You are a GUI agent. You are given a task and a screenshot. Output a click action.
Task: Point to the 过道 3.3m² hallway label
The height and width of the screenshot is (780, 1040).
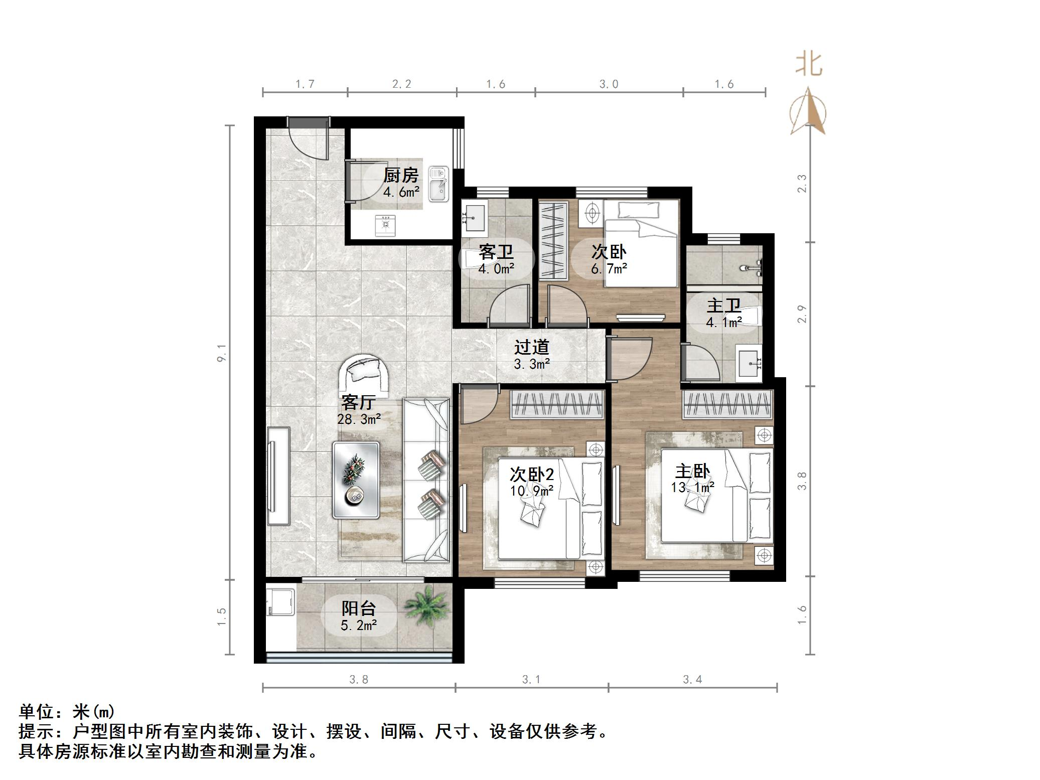tap(531, 355)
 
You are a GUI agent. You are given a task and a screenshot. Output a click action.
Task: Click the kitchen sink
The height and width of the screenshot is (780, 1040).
tap(438, 184)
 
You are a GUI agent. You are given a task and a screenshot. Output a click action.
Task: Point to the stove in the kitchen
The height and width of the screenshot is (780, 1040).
tap(385, 225)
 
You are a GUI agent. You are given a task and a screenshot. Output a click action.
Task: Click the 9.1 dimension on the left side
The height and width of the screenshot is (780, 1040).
tap(222, 353)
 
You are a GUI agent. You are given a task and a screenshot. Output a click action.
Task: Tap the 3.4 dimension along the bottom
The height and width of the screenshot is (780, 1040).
tap(692, 680)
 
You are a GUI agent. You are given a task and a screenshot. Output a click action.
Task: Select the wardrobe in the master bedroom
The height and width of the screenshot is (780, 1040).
tap(727, 405)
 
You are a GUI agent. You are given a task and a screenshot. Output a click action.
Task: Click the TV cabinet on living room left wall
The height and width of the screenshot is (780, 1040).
tap(278, 476)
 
